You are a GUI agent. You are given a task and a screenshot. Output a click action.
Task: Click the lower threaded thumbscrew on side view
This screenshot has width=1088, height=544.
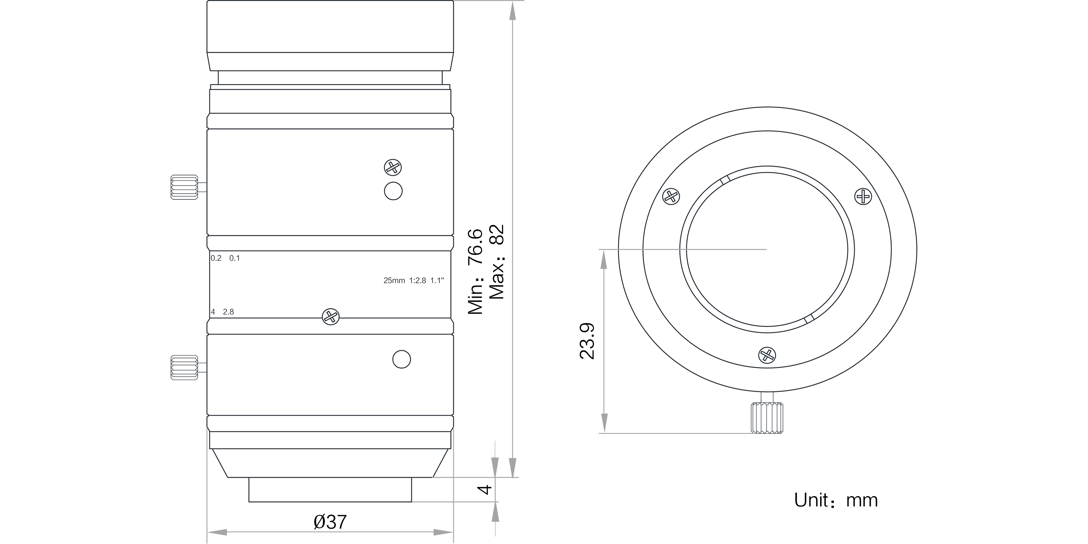coord(184,367)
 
